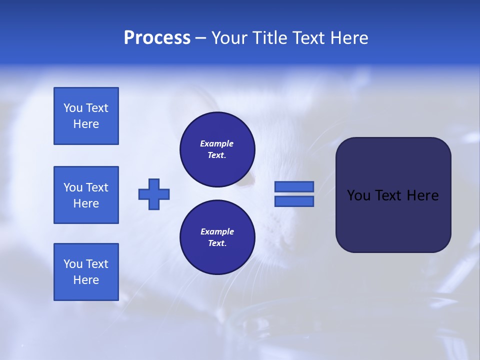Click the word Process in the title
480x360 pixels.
click(157, 38)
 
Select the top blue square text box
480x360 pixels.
click(86, 116)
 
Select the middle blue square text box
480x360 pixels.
click(86, 195)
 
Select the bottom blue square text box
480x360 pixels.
click(86, 272)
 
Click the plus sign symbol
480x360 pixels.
click(154, 194)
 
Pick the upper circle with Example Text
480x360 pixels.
click(217, 149)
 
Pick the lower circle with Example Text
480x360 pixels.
click(217, 237)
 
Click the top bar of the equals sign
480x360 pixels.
click(294, 186)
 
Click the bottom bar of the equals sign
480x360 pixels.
click(294, 201)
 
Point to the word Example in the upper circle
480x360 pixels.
click(216, 143)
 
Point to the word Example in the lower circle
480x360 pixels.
click(217, 231)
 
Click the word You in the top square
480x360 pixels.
click(72, 108)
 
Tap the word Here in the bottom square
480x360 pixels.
click(86, 280)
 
